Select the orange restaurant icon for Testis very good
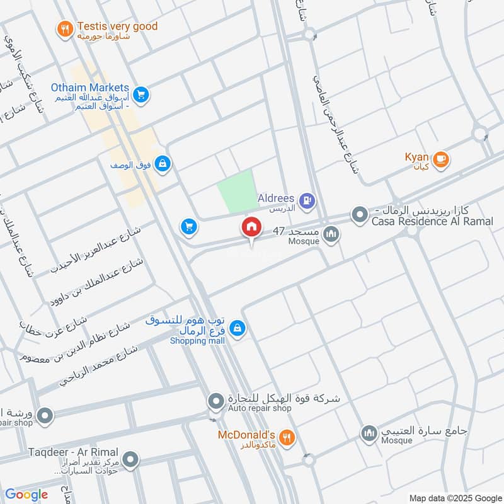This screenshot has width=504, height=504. [64, 28]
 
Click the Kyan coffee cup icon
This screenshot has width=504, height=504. [441, 159]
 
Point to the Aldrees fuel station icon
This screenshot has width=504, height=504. [307, 201]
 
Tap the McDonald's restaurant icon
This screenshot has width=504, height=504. [287, 438]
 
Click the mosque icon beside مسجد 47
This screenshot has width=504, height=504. [331, 236]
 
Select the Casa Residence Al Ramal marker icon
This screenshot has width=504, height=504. [359, 215]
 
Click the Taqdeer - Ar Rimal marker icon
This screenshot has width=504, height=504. [130, 461]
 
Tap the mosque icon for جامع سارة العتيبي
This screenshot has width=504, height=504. [369, 433]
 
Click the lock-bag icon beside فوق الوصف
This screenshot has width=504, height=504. [163, 164]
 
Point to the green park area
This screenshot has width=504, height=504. [236, 192]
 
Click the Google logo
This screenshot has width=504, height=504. [26, 495]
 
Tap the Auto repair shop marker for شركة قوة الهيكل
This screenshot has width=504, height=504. [216, 401]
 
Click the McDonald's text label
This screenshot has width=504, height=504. [246, 435]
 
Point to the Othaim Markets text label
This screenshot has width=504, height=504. [89, 88]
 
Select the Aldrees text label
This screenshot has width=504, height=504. [276, 198]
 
